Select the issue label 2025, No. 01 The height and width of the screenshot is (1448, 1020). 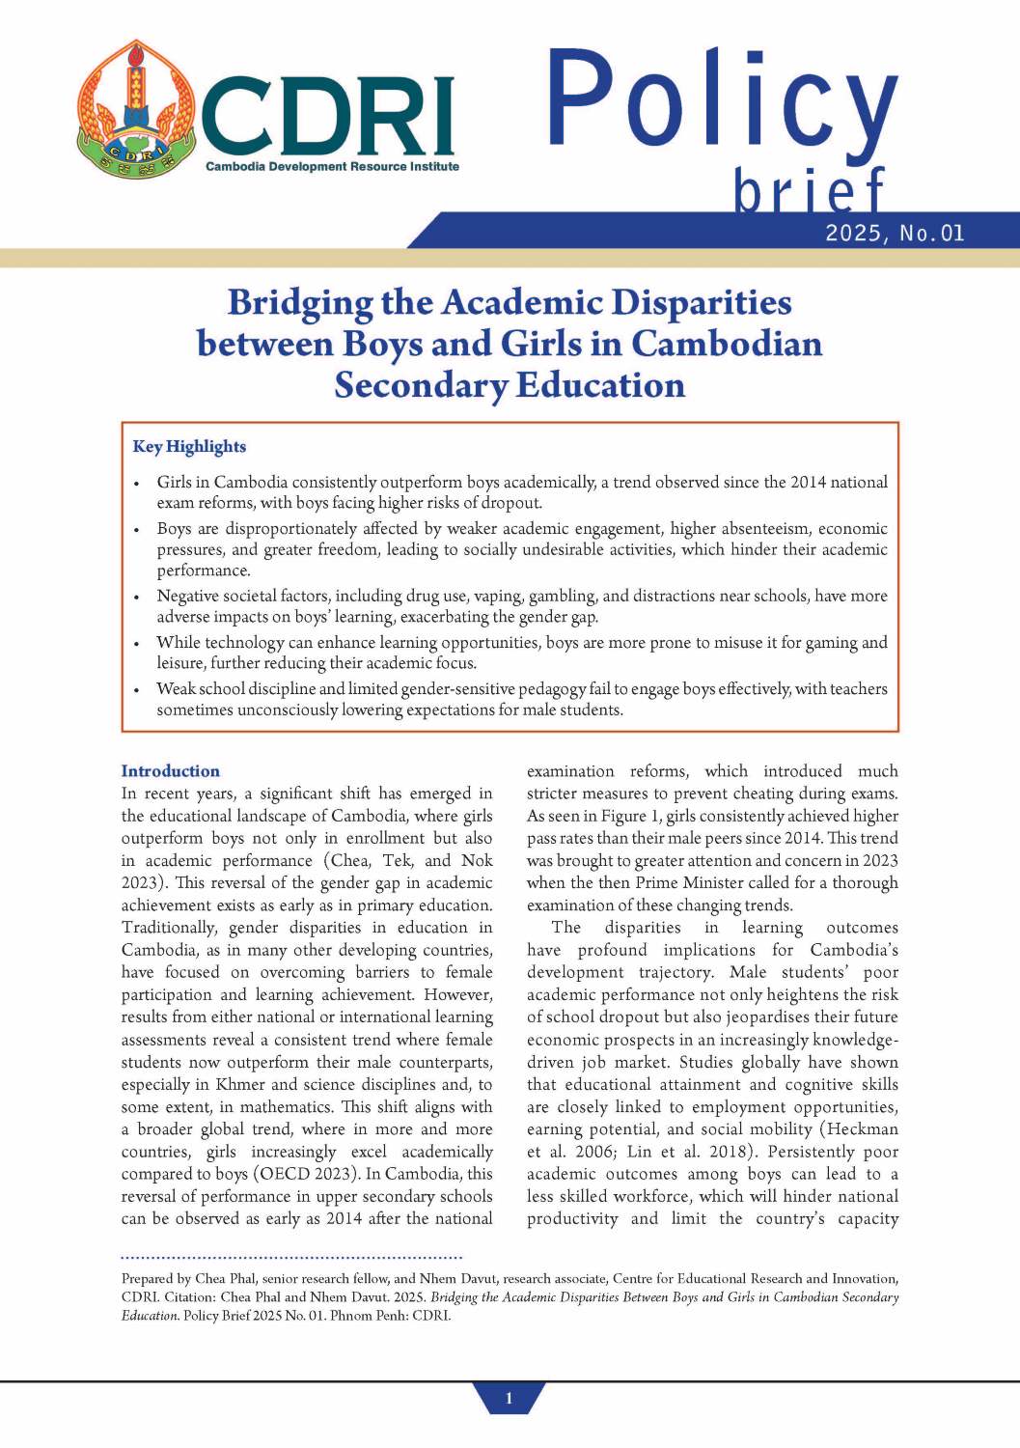click(895, 233)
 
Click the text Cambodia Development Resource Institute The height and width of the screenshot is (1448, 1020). click(332, 167)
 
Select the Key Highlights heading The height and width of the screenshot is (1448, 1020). click(189, 446)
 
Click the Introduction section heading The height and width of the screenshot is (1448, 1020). click(170, 770)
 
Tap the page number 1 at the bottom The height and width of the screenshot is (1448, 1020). click(509, 1398)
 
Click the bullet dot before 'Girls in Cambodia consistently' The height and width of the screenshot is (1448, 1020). click(137, 483)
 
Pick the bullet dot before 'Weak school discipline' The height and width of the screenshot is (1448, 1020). click(137, 689)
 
